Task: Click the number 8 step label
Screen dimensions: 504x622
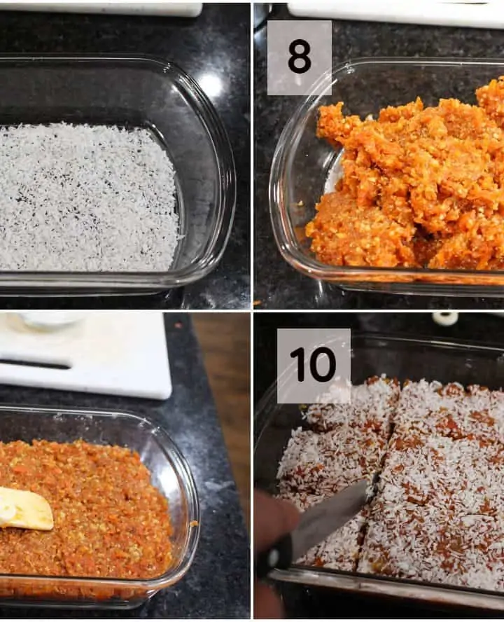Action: tap(300, 58)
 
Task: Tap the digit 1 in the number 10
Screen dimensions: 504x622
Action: tap(296, 364)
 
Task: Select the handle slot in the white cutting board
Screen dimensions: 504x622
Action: tap(35, 364)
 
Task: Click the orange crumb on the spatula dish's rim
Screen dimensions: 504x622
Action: tap(194, 524)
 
